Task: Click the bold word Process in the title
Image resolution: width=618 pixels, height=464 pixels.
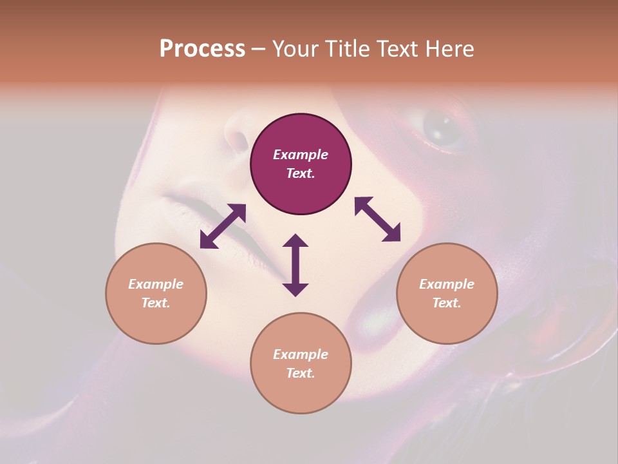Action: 202,49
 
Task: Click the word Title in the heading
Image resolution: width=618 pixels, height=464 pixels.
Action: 346,49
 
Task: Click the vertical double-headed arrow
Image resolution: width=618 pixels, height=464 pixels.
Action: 295,265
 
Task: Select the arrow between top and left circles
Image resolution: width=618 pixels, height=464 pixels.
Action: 223,226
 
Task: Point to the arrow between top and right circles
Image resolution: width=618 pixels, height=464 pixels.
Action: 378,220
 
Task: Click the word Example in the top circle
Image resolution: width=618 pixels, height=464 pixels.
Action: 301,155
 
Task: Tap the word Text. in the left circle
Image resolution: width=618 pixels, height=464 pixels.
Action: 156,303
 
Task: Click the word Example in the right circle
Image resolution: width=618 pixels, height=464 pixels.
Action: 447,284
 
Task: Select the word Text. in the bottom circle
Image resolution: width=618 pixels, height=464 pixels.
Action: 301,373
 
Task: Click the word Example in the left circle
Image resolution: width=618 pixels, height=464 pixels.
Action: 156,284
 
